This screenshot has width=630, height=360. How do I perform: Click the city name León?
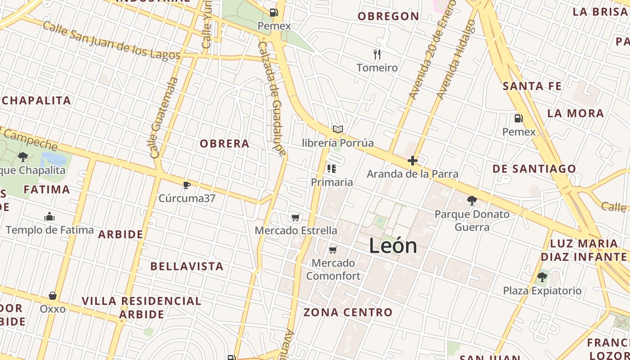[x=393, y=246]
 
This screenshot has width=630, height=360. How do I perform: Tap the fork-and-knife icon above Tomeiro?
[x=377, y=54]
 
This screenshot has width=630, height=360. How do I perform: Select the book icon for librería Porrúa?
[x=337, y=130]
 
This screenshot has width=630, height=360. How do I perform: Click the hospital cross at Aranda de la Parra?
[x=412, y=161]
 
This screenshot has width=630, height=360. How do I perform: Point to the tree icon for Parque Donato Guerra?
[x=472, y=201]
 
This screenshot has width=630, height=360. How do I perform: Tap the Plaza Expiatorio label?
[x=542, y=291]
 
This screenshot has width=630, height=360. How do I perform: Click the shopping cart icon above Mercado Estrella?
[x=295, y=218]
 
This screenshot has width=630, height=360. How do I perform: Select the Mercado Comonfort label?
[x=333, y=269]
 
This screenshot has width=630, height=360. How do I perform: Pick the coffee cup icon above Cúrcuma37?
[x=187, y=185]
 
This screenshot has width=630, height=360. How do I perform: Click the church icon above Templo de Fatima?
[x=49, y=217]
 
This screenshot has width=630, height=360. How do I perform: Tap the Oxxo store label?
[x=53, y=309]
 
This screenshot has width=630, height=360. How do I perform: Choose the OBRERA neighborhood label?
[x=224, y=144]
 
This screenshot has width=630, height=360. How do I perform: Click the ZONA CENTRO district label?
[x=348, y=312]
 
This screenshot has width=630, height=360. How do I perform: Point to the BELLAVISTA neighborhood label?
[x=187, y=266]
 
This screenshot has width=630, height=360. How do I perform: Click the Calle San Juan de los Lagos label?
[x=111, y=40]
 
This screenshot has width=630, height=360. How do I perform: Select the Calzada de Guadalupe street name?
[x=272, y=99]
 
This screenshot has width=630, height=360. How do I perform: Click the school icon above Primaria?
[x=332, y=169]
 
